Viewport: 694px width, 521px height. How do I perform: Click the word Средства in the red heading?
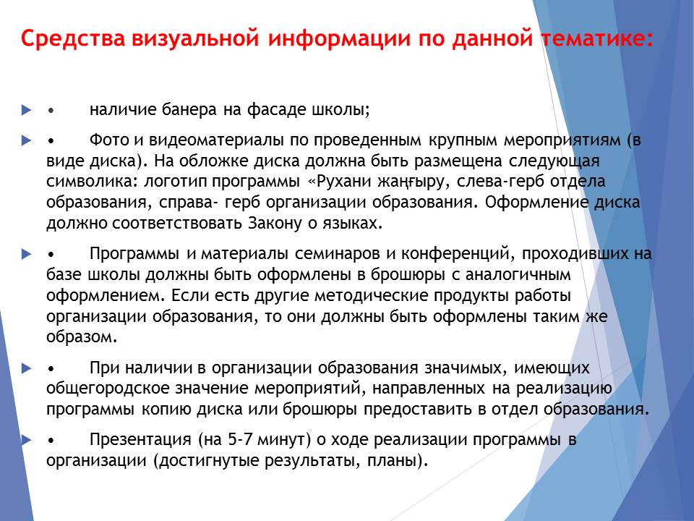(x=73, y=38)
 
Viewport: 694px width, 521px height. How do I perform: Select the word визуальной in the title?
(x=195, y=38)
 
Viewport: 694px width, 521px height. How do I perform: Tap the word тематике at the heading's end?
(x=597, y=38)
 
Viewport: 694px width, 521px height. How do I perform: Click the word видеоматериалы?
(x=216, y=140)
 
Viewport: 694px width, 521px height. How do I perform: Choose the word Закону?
(x=275, y=223)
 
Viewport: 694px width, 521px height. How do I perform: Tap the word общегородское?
(x=108, y=388)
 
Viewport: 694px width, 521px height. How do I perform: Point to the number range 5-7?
(x=239, y=439)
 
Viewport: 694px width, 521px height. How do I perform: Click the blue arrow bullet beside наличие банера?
(x=27, y=110)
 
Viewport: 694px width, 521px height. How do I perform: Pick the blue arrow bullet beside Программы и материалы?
(x=27, y=254)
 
